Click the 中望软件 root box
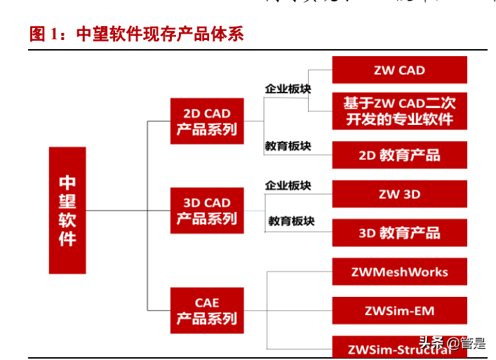(x=67, y=210)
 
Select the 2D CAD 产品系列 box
(x=206, y=121)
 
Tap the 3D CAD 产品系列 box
(x=206, y=211)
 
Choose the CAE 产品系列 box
(x=206, y=311)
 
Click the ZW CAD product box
(x=399, y=70)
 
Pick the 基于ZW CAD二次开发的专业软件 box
(x=399, y=111)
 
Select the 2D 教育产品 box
(x=399, y=155)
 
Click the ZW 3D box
(x=399, y=194)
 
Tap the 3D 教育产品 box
(x=399, y=233)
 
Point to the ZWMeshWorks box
(x=399, y=272)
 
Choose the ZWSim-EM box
(x=399, y=310)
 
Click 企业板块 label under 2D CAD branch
(x=288, y=90)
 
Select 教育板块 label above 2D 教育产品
(x=288, y=147)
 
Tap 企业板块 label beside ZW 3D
(x=288, y=186)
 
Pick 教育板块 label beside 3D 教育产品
(x=291, y=221)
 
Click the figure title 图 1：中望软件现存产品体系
(x=137, y=34)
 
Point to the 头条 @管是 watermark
(x=452, y=343)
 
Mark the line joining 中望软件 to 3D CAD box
(x=126, y=211)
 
